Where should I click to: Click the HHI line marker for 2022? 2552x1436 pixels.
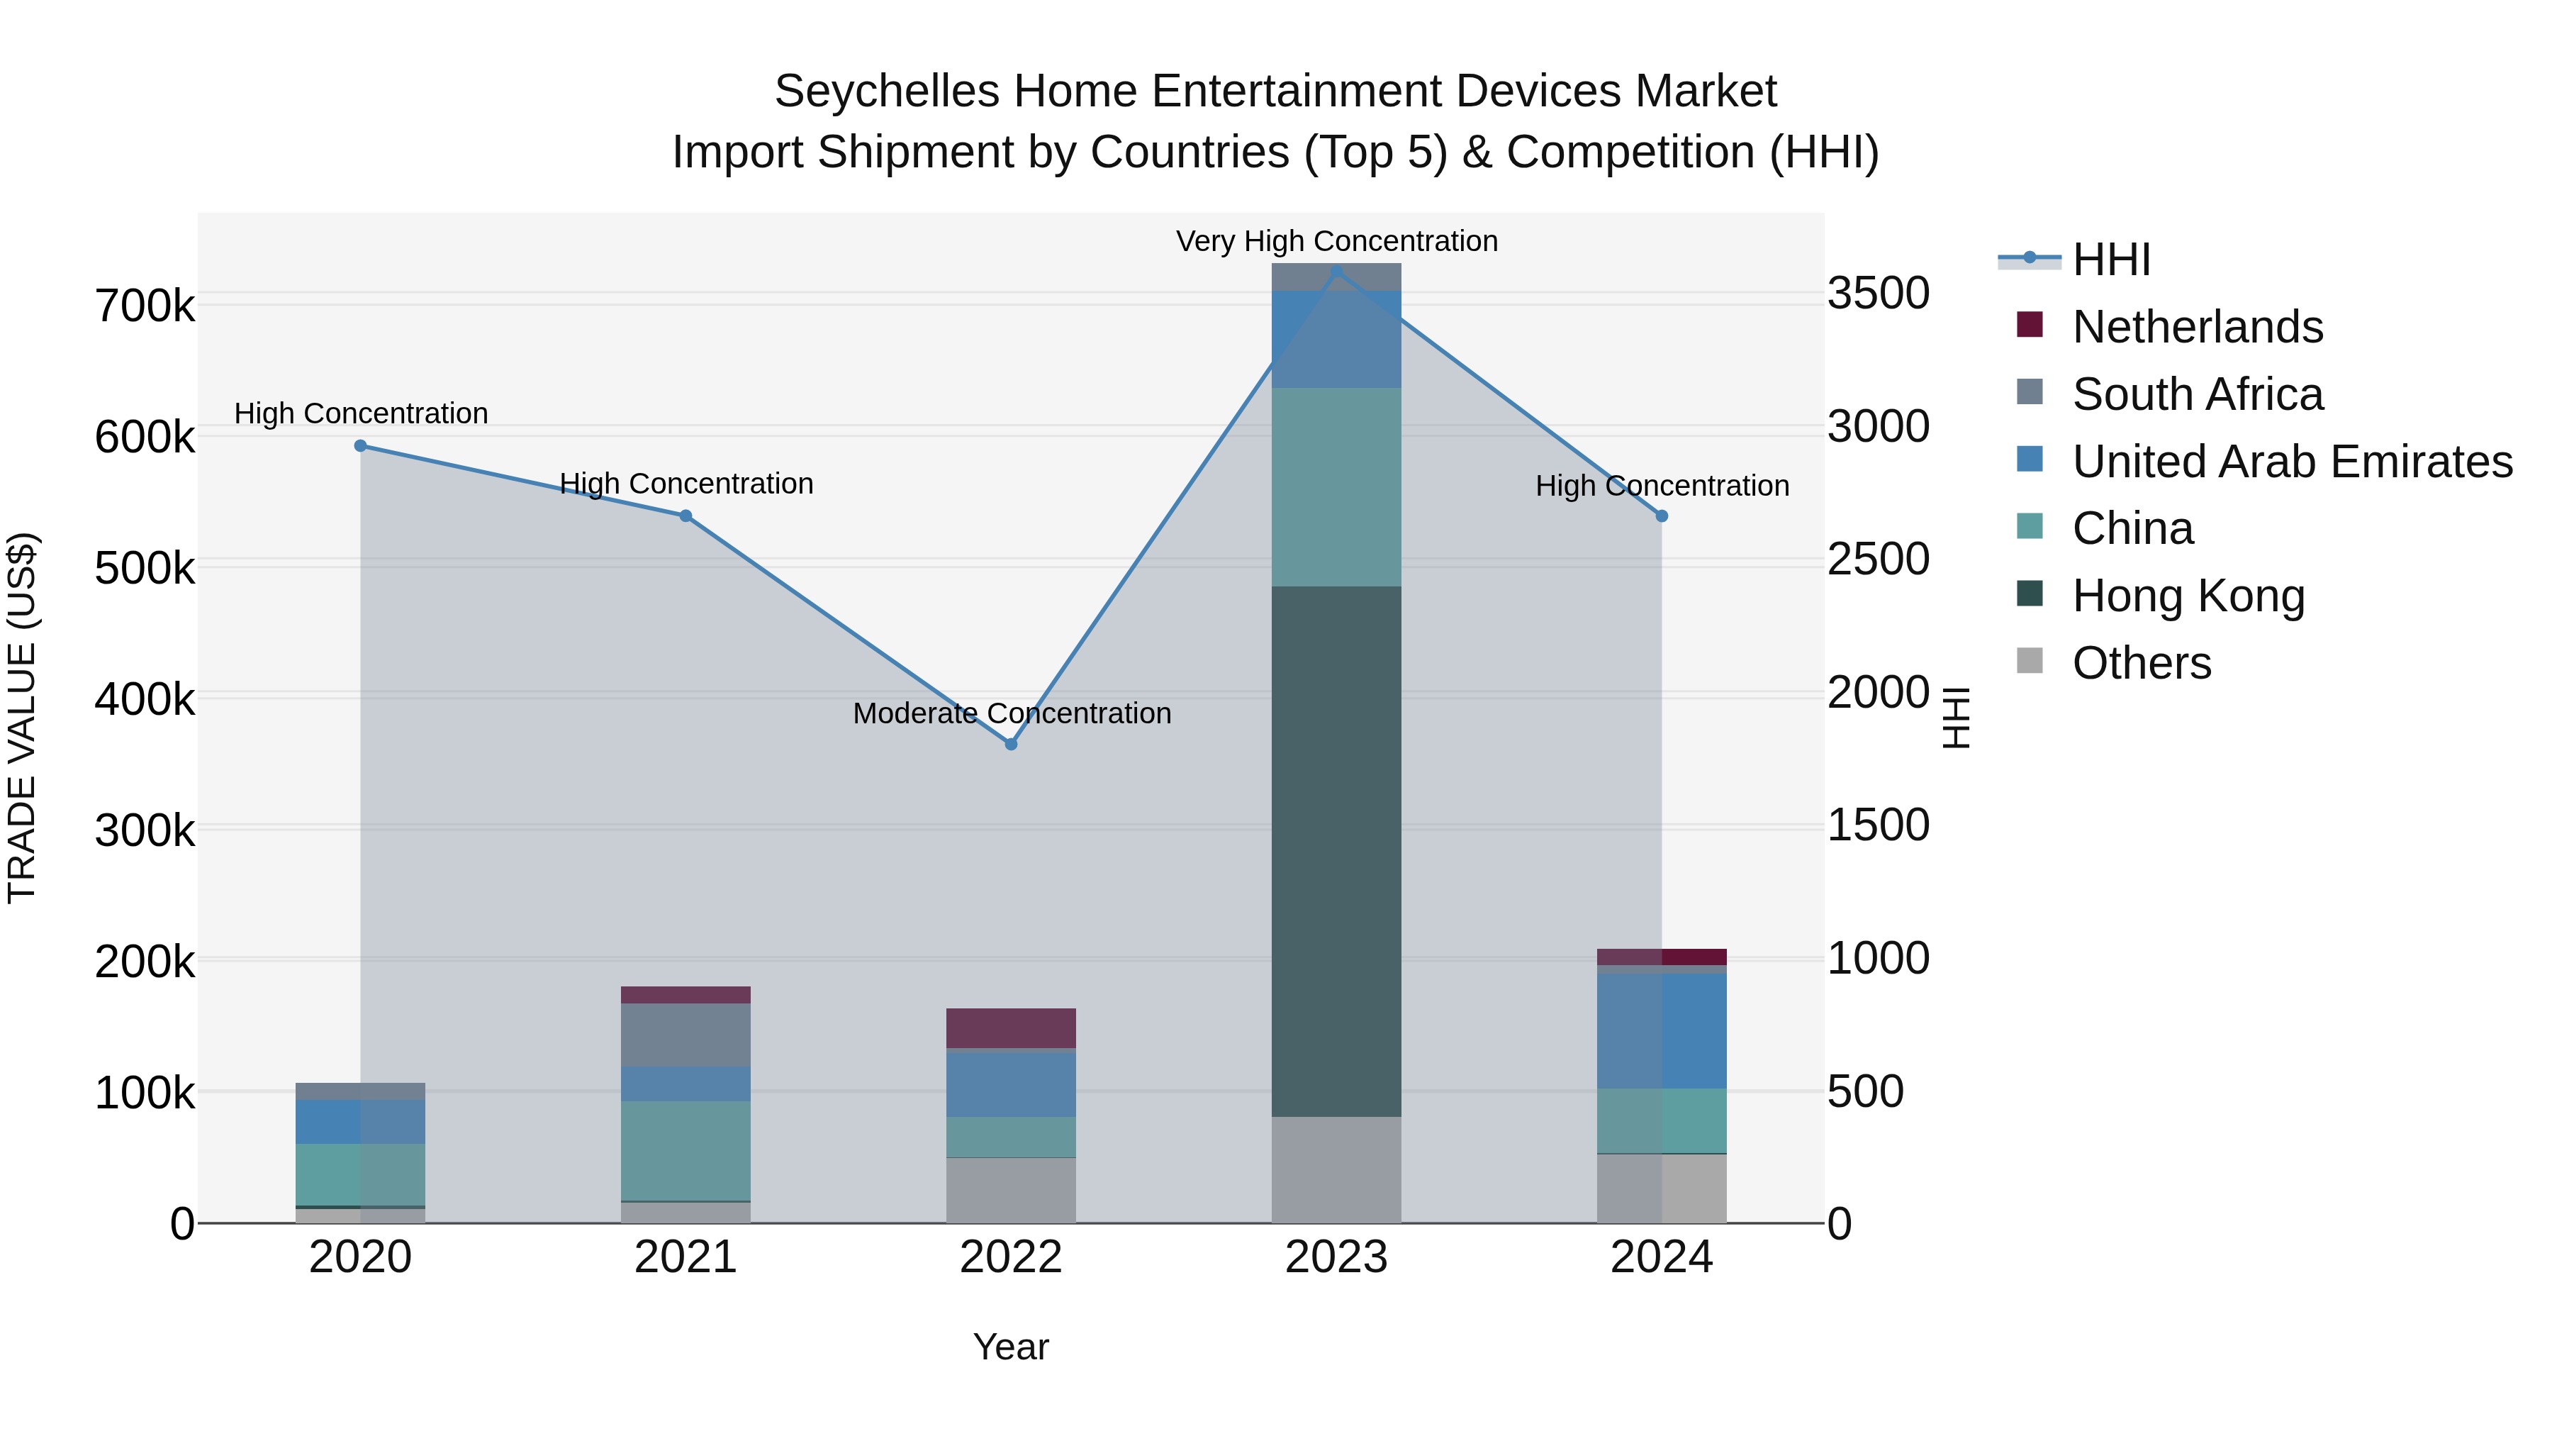click(x=1010, y=745)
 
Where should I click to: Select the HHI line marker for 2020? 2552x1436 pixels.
click(x=361, y=446)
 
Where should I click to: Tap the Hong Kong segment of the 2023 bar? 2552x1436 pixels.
click(x=1336, y=852)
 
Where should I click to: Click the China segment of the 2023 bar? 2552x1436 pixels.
click(x=1336, y=488)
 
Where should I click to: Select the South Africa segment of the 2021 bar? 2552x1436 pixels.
click(x=685, y=1035)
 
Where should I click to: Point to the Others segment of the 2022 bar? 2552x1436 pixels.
click(x=1010, y=1190)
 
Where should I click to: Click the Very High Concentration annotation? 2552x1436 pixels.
click(x=1336, y=242)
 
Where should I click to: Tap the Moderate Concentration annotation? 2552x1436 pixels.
click(x=1010, y=713)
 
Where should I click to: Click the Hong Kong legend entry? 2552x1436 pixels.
click(x=2188, y=596)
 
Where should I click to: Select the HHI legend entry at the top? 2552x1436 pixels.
click(x=2110, y=260)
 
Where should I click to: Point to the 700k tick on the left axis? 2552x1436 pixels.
click(x=145, y=306)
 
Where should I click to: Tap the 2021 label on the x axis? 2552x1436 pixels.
click(x=685, y=1257)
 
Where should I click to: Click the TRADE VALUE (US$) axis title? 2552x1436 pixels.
click(x=22, y=718)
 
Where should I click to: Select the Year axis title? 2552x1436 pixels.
click(x=1010, y=1347)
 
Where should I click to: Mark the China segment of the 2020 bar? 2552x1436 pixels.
click(x=361, y=1174)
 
